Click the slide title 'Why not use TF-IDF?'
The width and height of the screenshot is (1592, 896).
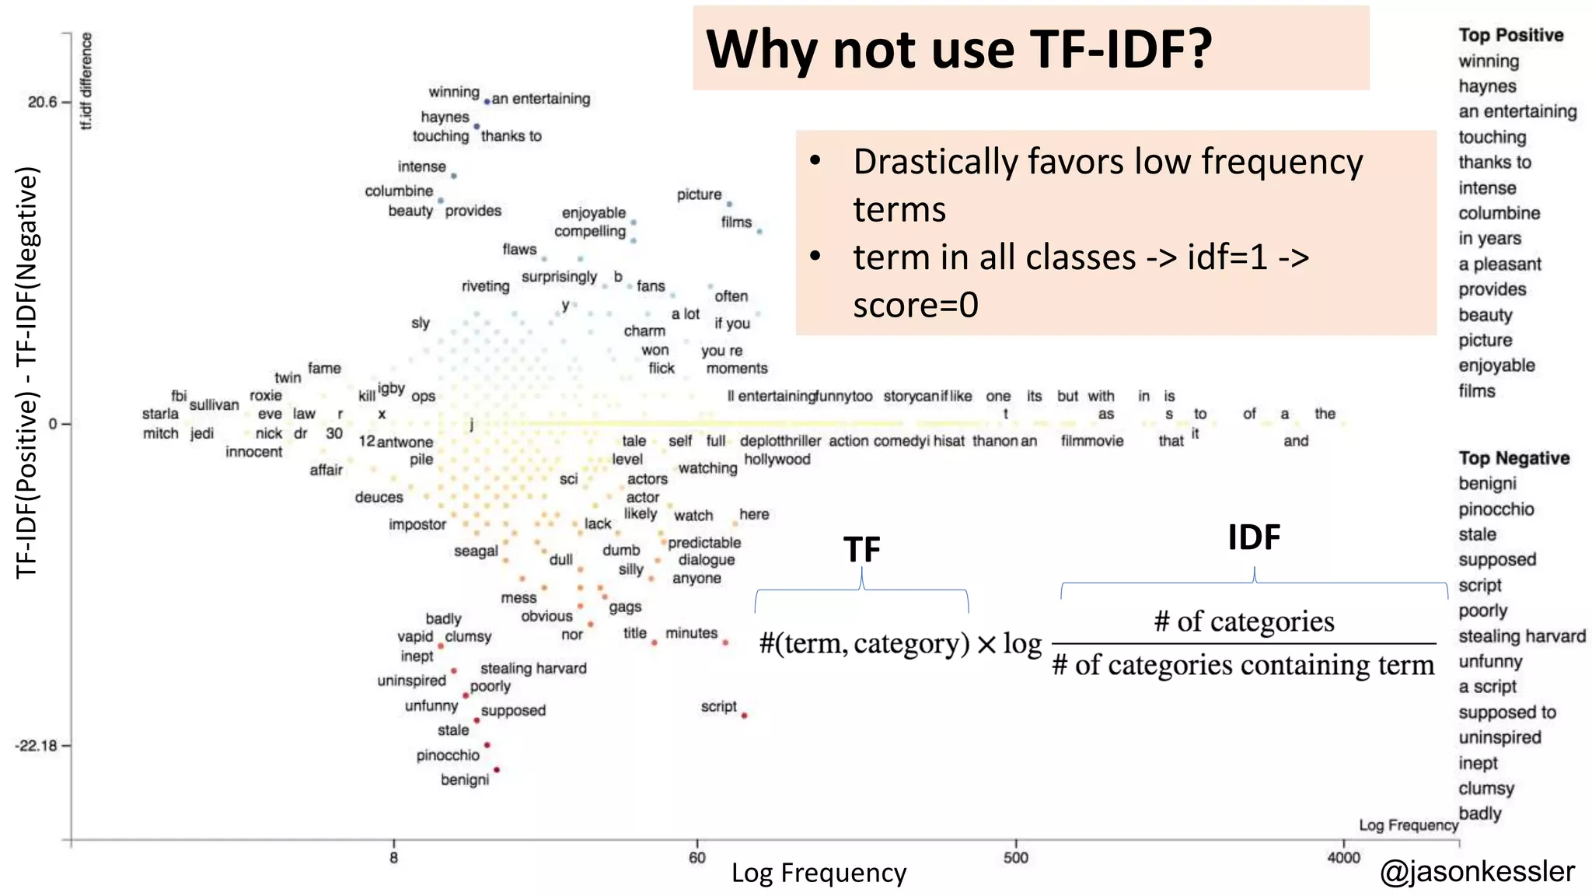point(958,49)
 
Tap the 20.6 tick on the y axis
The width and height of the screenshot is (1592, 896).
point(43,102)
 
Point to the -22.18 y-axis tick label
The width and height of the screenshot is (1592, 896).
point(37,746)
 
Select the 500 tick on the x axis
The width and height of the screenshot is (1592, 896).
point(1015,858)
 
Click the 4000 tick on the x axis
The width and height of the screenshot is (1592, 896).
point(1343,858)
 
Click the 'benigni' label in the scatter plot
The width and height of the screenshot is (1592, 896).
point(465,779)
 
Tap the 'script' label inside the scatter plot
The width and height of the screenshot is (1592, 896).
point(718,706)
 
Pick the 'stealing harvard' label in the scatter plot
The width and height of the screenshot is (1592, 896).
point(533,668)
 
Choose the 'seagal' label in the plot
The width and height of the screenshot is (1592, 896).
point(476,551)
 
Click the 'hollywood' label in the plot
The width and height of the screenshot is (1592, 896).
point(777,459)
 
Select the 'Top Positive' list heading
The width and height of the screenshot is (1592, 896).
point(1510,35)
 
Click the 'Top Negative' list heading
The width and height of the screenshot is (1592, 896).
point(1513,458)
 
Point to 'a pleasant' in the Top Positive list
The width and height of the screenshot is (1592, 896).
point(1499,264)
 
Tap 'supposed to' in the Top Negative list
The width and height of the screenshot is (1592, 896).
point(1506,712)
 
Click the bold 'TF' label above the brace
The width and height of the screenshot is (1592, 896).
point(861,550)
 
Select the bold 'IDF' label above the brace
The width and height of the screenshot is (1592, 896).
point(1254,537)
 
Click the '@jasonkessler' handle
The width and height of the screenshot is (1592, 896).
point(1477,871)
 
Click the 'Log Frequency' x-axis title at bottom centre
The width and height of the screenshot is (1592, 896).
point(819,873)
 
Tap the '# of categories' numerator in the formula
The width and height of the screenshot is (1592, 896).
point(1244,621)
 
